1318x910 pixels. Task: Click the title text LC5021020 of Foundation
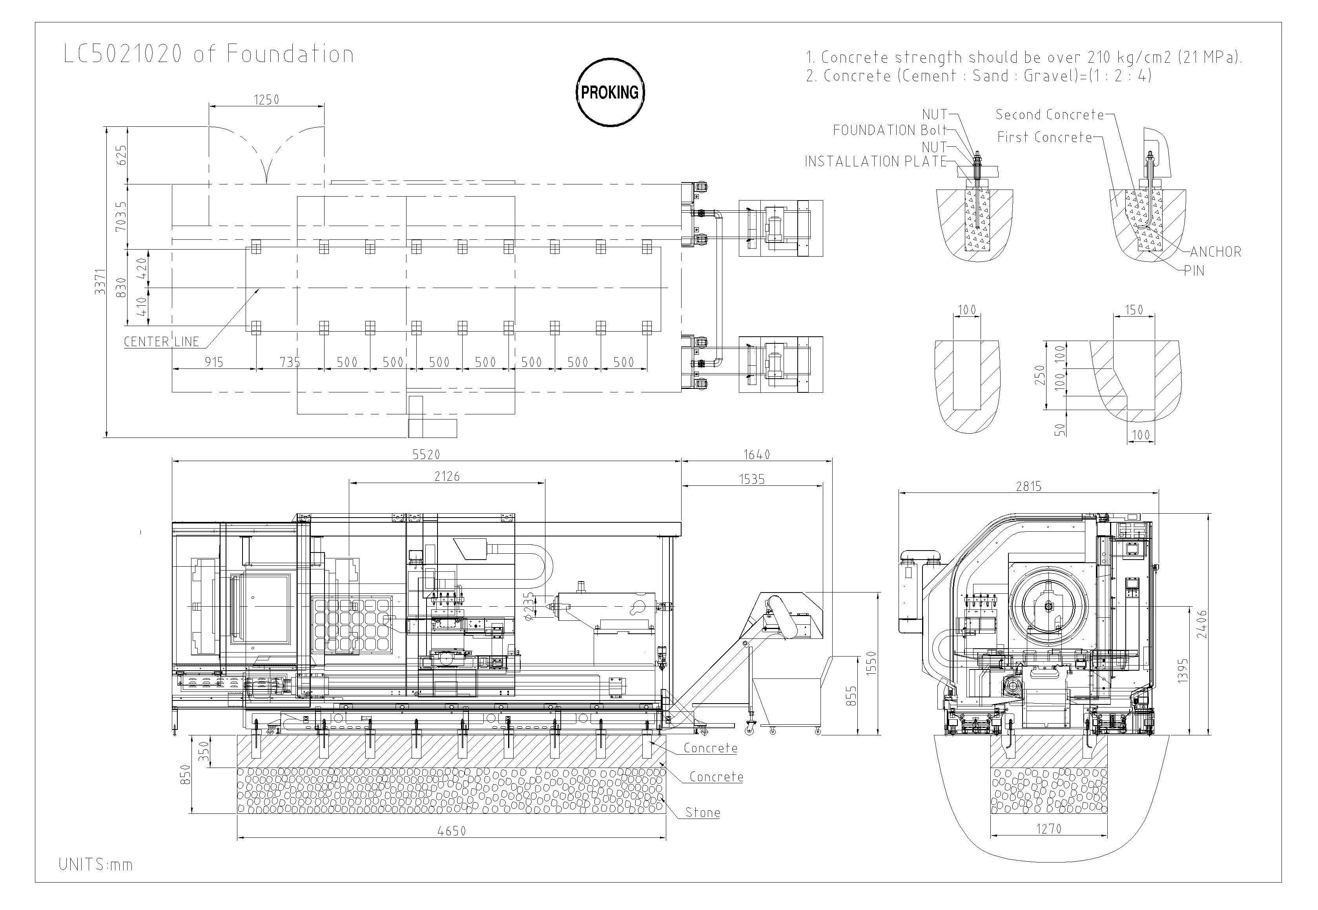tap(209, 54)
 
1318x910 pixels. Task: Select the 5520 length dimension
tap(427, 454)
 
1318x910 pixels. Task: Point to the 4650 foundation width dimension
tap(452, 831)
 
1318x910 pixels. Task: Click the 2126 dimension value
tap(447, 476)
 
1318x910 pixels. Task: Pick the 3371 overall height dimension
tap(100, 282)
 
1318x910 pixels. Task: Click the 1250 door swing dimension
tap(266, 100)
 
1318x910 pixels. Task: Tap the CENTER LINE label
tap(161, 341)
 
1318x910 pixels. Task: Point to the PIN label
tap(1194, 270)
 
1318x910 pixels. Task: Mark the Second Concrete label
tap(1050, 114)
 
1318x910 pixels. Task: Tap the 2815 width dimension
tap(1028, 486)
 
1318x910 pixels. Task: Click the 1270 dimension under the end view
tap(1048, 828)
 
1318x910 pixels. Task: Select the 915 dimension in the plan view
tap(214, 362)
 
